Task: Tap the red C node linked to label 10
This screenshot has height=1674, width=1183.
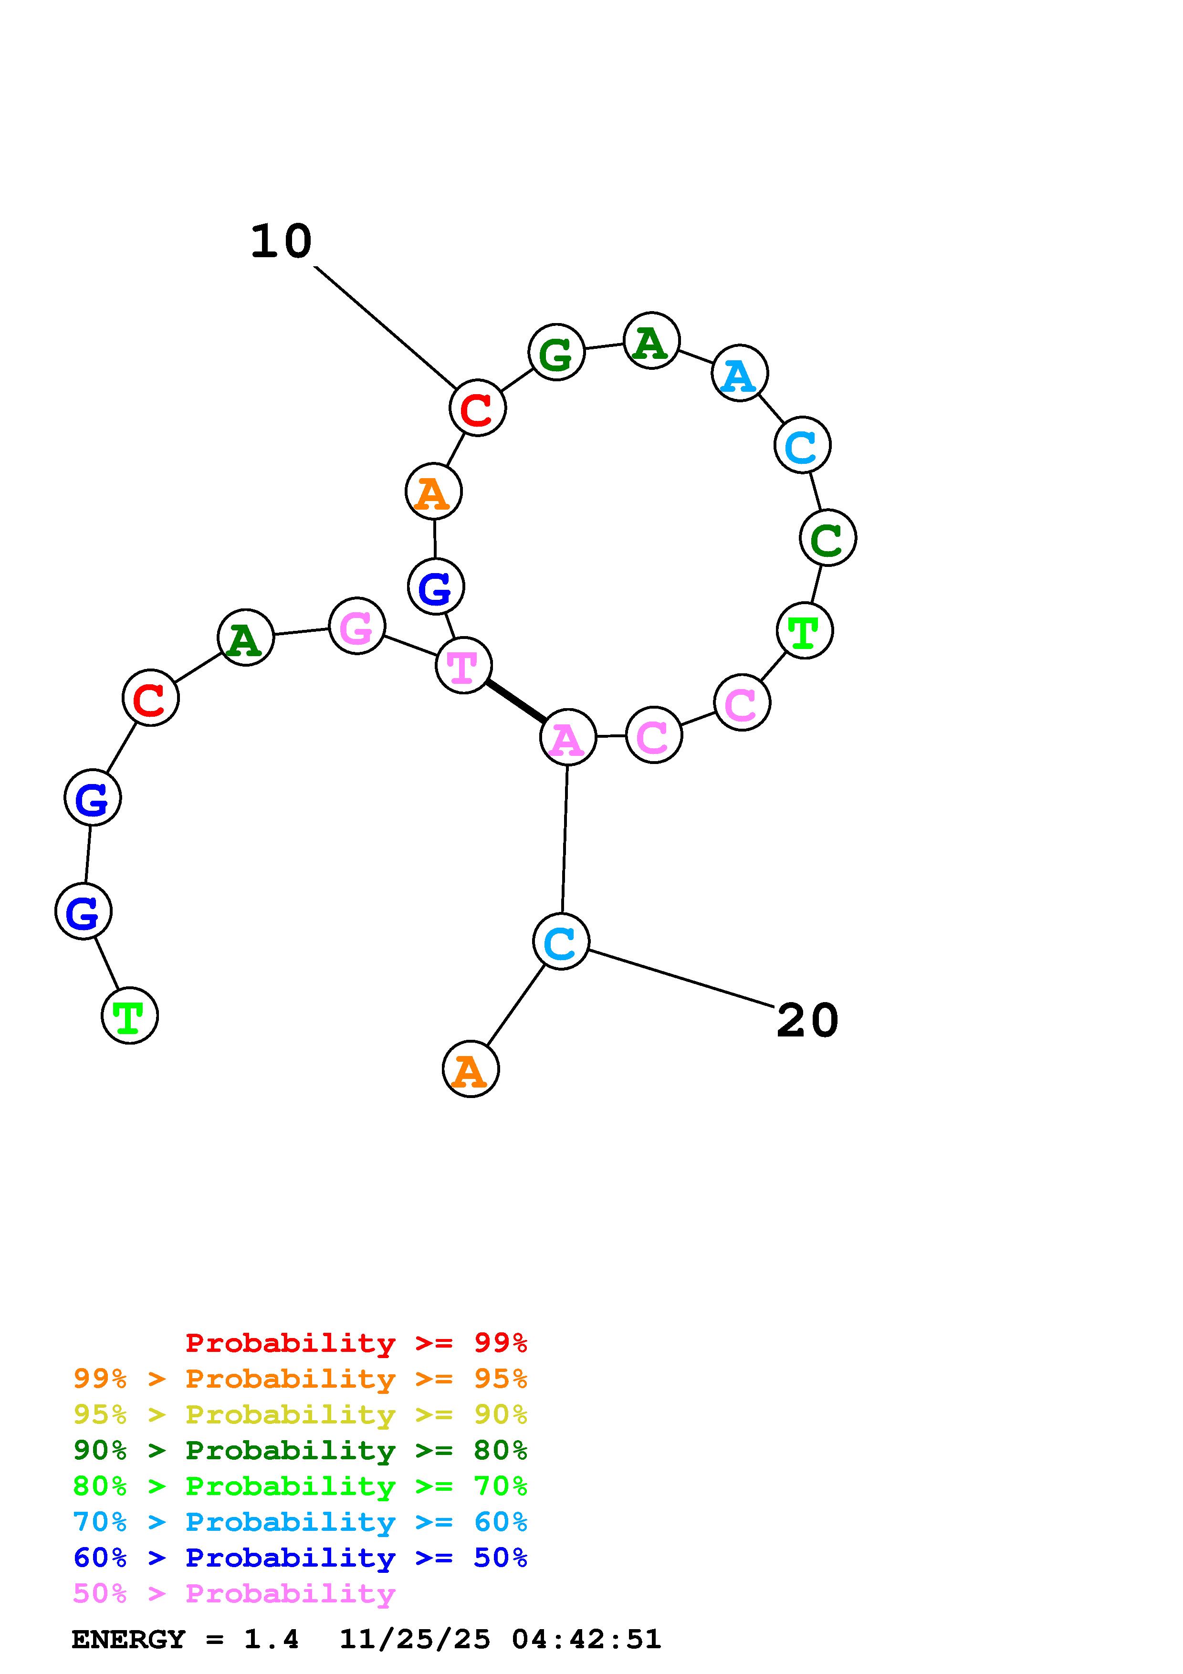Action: pos(477,408)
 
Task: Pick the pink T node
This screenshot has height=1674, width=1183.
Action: pos(463,665)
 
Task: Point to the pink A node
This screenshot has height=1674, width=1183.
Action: pos(568,738)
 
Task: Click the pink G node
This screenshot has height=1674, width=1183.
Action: pos(356,626)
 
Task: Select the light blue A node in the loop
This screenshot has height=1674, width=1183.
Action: pos(739,374)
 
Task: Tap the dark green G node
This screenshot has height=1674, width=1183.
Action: pos(556,353)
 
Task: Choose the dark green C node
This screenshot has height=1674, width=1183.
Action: pos(827,538)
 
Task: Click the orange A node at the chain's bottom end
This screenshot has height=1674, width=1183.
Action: pos(470,1069)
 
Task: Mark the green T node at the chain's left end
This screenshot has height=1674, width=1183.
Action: pos(129,1015)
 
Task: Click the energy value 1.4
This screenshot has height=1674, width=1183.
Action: pos(271,1640)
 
